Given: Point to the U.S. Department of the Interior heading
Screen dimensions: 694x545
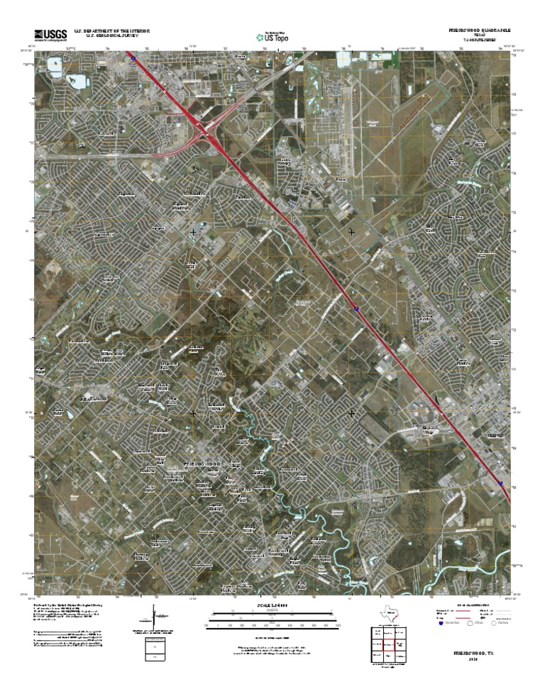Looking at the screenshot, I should (117, 31).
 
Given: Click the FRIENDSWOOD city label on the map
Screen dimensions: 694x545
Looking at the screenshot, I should (203, 463).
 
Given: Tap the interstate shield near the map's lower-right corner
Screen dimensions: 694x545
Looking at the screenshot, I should (501, 482).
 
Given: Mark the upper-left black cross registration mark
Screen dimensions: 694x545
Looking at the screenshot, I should (194, 232).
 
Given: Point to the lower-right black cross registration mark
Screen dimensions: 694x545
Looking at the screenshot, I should (351, 413).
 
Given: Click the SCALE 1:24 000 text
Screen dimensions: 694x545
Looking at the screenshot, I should (272, 605).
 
